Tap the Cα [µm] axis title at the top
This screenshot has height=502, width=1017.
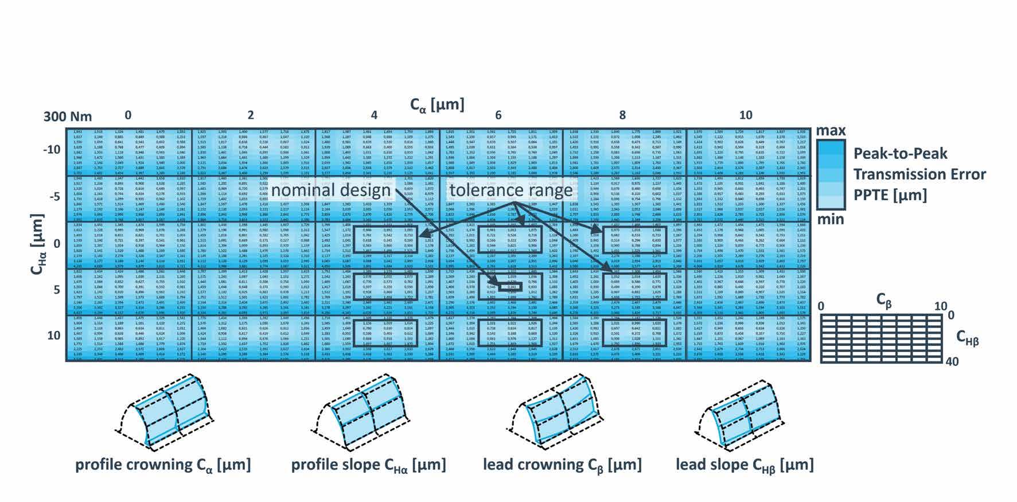pos(437,105)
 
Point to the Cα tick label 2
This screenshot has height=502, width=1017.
pos(251,115)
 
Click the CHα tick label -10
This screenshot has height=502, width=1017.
pos(52,150)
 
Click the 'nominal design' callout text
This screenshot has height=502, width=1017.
pos(332,190)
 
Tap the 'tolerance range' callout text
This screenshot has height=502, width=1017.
pos(511,190)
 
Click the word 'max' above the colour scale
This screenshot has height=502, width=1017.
pos(831,131)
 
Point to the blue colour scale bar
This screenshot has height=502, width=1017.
pos(831,174)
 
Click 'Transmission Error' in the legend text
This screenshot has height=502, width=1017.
pos(919,174)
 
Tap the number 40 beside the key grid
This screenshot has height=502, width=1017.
pos(952,361)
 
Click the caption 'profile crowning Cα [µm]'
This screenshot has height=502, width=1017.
pos(163,464)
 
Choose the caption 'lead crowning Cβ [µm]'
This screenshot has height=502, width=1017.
pos(562,464)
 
